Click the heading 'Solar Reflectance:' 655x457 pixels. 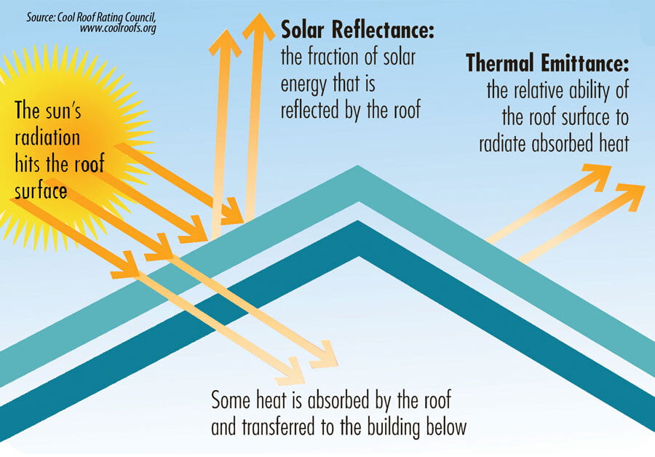(x=357, y=30)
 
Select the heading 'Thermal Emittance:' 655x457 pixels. (x=547, y=63)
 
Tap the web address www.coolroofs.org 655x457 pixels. (x=118, y=28)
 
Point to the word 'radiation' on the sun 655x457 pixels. (x=47, y=138)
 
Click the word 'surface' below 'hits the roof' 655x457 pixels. (x=41, y=191)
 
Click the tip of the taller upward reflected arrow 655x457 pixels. (x=259, y=13)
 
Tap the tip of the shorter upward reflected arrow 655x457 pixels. (x=226, y=30)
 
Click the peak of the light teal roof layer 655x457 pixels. (x=357, y=166)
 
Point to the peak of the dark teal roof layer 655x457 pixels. (x=358, y=221)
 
